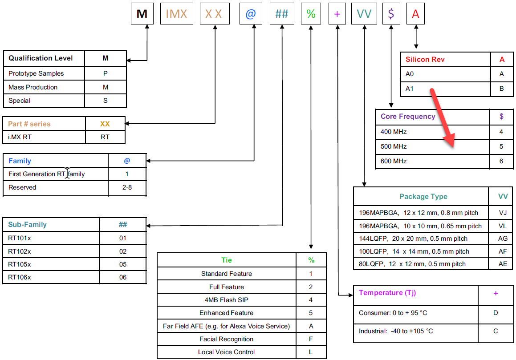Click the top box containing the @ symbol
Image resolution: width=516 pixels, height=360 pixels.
[250, 14]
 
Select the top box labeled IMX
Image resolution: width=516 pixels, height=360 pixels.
[176, 14]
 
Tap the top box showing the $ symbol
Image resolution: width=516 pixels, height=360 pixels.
[391, 14]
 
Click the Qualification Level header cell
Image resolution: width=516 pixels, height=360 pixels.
[41, 58]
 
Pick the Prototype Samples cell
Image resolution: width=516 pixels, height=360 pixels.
[36, 73]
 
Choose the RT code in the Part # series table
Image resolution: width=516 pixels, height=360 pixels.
[105, 137]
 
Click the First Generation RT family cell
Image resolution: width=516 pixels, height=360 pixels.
[46, 174]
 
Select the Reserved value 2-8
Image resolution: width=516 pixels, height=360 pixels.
[127, 187]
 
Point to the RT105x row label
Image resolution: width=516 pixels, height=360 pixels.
[20, 264]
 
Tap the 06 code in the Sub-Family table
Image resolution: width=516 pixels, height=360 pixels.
[123, 277]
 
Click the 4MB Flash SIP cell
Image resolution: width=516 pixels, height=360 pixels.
[227, 300]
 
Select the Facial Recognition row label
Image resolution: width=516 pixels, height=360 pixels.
[227, 339]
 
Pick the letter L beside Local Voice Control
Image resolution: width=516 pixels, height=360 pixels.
[311, 352]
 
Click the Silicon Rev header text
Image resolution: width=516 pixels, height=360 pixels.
[425, 60]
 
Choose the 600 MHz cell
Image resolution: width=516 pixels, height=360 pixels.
[394, 161]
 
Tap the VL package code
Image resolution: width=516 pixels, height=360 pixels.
[503, 226]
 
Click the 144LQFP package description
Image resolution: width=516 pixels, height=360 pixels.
[413, 239]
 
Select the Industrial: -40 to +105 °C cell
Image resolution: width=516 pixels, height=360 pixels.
[396, 331]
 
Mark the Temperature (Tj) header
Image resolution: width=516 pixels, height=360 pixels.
[387, 293]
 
